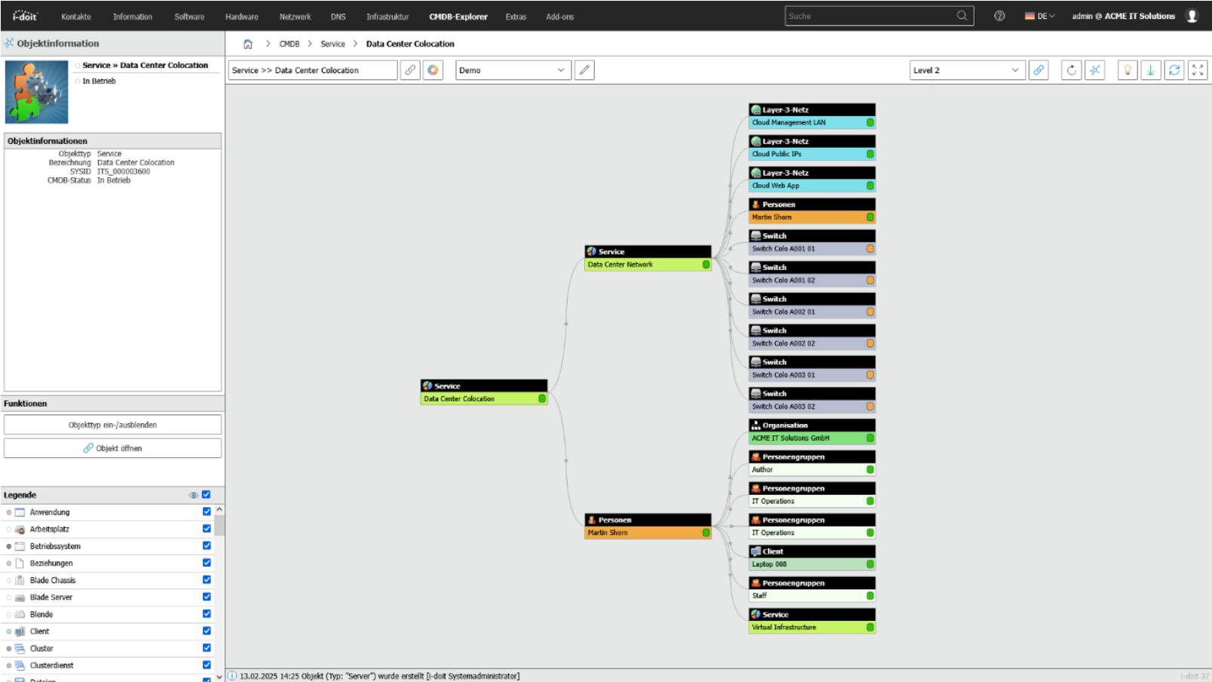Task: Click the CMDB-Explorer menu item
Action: click(458, 17)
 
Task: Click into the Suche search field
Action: click(870, 16)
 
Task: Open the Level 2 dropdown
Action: click(967, 70)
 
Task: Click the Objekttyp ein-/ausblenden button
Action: click(113, 425)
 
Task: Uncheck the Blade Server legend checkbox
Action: click(207, 597)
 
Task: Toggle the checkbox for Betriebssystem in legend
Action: click(207, 545)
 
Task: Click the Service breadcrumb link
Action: click(332, 44)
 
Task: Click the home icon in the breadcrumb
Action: click(248, 44)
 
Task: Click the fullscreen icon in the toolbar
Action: click(1198, 70)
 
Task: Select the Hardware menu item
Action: click(241, 17)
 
